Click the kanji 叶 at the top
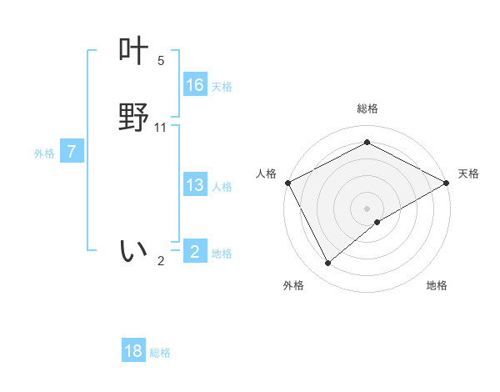click(133, 52)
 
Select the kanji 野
click(133, 118)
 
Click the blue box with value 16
click(195, 85)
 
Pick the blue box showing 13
click(195, 185)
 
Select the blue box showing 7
click(72, 152)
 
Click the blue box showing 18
click(133, 351)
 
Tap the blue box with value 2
click(195, 252)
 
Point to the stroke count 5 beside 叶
click(161, 61)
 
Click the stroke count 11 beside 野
click(161, 128)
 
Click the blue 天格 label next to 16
click(222, 87)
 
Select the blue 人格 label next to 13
click(222, 187)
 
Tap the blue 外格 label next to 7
click(44, 153)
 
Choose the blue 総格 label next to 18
click(160, 353)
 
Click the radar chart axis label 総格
click(367, 108)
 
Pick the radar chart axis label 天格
click(469, 173)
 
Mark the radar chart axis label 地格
click(437, 285)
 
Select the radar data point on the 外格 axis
click(328, 264)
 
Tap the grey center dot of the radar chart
click(367, 208)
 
